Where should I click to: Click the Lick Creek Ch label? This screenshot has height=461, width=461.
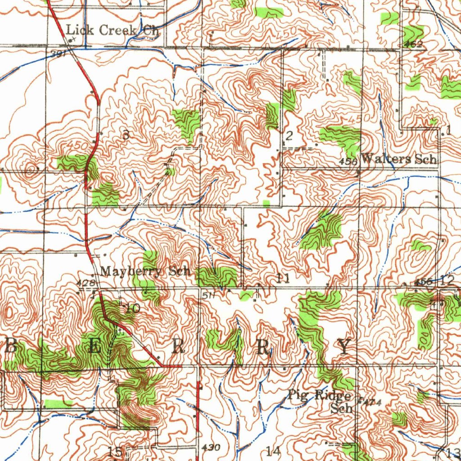(x=113, y=31)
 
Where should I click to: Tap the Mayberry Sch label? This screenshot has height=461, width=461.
(x=146, y=271)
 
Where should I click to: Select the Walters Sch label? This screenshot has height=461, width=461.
(x=399, y=159)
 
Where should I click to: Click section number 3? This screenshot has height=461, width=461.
(x=126, y=134)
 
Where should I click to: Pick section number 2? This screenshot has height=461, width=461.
(x=289, y=136)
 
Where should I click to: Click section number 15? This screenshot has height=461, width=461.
(x=115, y=452)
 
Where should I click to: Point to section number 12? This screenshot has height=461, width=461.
(x=447, y=281)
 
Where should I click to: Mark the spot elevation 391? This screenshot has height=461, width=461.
(x=59, y=54)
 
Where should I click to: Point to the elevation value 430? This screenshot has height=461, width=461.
(x=211, y=448)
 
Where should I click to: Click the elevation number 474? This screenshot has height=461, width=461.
(x=366, y=402)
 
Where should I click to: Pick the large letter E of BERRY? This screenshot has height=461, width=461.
(x=94, y=346)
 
